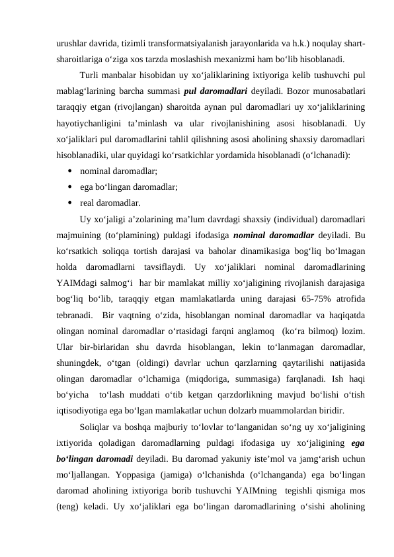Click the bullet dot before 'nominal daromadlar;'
(x=69, y=172)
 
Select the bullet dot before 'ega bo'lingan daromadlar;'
(x=69, y=187)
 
